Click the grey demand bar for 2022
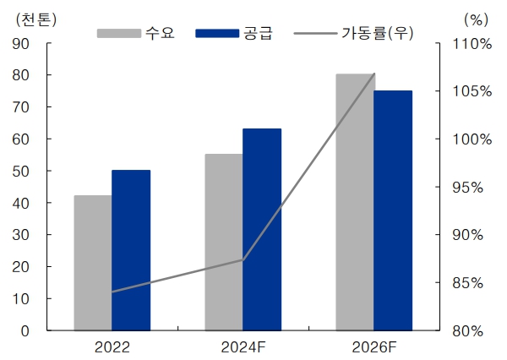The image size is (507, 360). (92, 263)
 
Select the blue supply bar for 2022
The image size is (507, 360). (131, 250)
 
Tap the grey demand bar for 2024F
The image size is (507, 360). (223, 242)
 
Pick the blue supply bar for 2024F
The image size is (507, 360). (262, 229)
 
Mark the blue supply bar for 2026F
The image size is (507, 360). (393, 210)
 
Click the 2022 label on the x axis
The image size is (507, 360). (112, 346)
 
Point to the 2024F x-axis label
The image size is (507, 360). (243, 346)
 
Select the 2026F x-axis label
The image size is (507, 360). (373, 346)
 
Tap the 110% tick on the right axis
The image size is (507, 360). (470, 44)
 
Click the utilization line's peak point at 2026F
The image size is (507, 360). (373, 74)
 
